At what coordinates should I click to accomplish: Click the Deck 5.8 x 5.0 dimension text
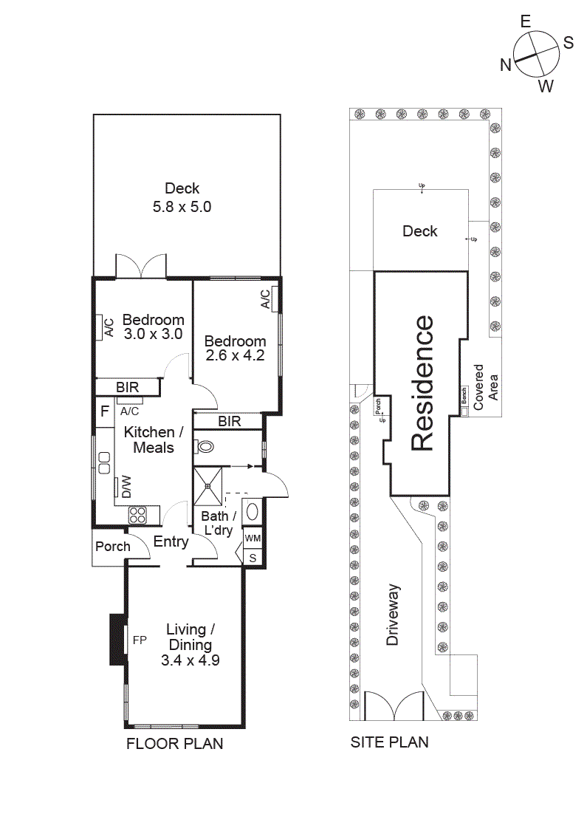click(x=182, y=208)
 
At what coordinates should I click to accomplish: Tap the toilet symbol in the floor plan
click(x=205, y=447)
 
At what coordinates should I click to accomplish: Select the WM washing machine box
click(x=253, y=538)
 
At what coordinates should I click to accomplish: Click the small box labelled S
click(x=253, y=558)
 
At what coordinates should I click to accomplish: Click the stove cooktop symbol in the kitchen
click(x=138, y=514)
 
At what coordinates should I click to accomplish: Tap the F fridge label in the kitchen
click(x=104, y=411)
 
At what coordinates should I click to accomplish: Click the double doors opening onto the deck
click(x=140, y=267)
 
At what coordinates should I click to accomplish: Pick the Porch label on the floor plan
click(x=113, y=547)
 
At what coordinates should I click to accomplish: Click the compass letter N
click(x=506, y=65)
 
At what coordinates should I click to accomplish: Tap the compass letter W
click(x=545, y=86)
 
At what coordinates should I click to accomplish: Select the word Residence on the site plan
click(x=422, y=383)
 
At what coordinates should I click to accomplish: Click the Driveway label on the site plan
click(x=393, y=615)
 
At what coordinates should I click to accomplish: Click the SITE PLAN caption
click(x=389, y=742)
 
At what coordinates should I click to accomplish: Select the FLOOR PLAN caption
click(x=175, y=744)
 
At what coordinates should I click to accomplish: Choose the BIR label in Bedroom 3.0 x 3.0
click(x=128, y=387)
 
